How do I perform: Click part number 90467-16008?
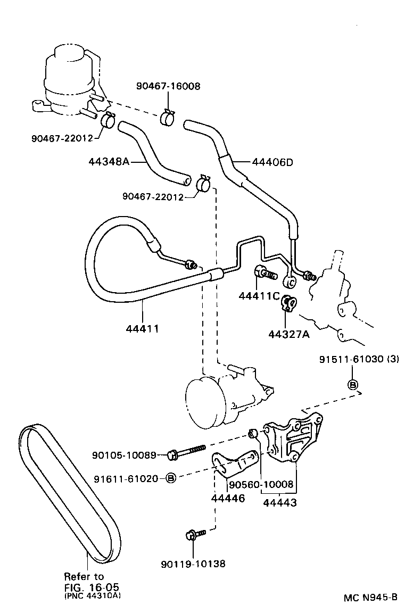pyautogui.click(x=168, y=86)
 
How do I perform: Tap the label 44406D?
pyautogui.click(x=271, y=162)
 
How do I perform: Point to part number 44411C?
pyautogui.click(x=260, y=295)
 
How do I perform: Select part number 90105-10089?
pyautogui.click(x=123, y=455)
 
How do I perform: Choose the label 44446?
pyautogui.click(x=228, y=499)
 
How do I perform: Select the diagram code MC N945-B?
pyautogui.click(x=370, y=597)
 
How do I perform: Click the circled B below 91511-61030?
pyautogui.click(x=352, y=385)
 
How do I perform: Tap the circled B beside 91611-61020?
pyautogui.click(x=171, y=478)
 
